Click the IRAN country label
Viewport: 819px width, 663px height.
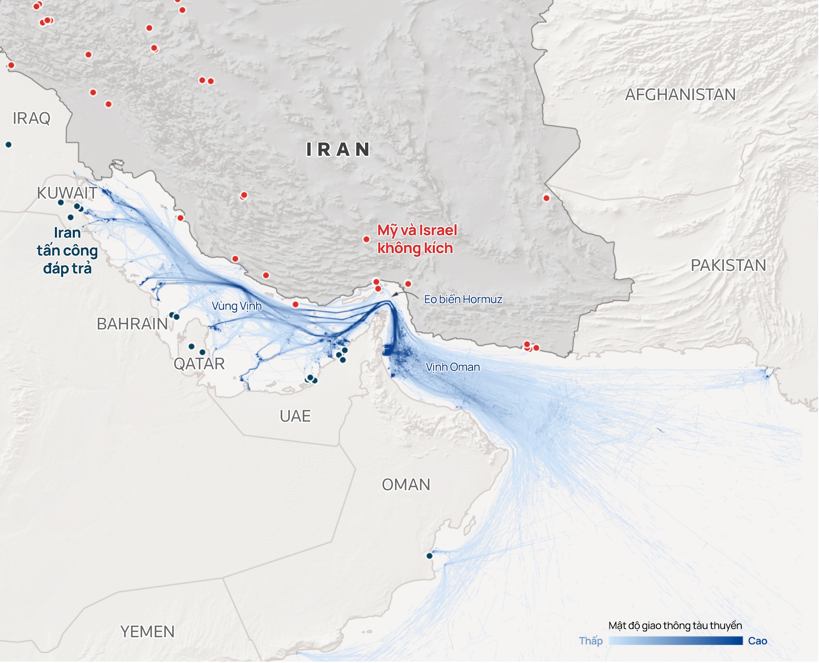(x=338, y=150)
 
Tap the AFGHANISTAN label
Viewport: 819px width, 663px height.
(x=681, y=95)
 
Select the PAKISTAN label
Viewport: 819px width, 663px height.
(x=728, y=265)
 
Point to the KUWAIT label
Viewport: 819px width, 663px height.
(x=67, y=193)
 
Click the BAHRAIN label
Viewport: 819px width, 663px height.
(x=132, y=324)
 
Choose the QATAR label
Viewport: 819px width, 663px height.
(x=199, y=364)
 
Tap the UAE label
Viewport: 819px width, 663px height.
(x=295, y=416)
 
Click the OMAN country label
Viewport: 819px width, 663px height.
(x=406, y=485)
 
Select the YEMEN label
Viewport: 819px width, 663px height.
(x=147, y=632)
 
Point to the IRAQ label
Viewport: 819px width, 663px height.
(x=32, y=118)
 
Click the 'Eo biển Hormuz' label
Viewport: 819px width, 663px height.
(x=463, y=300)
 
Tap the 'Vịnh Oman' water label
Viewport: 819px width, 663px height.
(x=453, y=367)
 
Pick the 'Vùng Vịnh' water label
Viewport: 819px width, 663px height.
(x=237, y=306)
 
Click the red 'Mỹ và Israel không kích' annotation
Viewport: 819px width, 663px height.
(x=417, y=239)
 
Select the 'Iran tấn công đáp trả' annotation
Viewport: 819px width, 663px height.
(x=67, y=250)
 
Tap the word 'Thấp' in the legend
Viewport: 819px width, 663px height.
(x=591, y=641)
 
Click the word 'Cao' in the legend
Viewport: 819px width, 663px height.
(x=757, y=641)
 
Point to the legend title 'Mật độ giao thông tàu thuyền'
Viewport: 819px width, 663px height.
(x=675, y=626)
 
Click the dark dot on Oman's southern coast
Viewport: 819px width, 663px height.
(x=429, y=556)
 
